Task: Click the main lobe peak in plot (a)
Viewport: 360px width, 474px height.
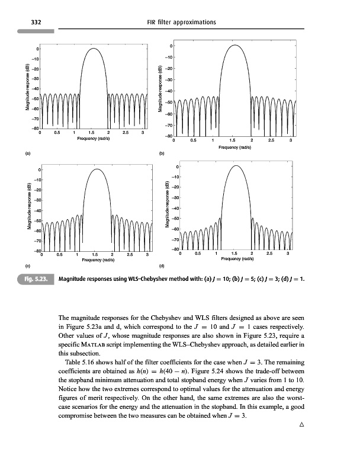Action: click(93, 49)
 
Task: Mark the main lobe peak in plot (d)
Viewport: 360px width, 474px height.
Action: click(236, 166)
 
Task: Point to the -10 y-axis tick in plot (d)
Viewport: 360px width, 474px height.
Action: click(168, 177)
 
